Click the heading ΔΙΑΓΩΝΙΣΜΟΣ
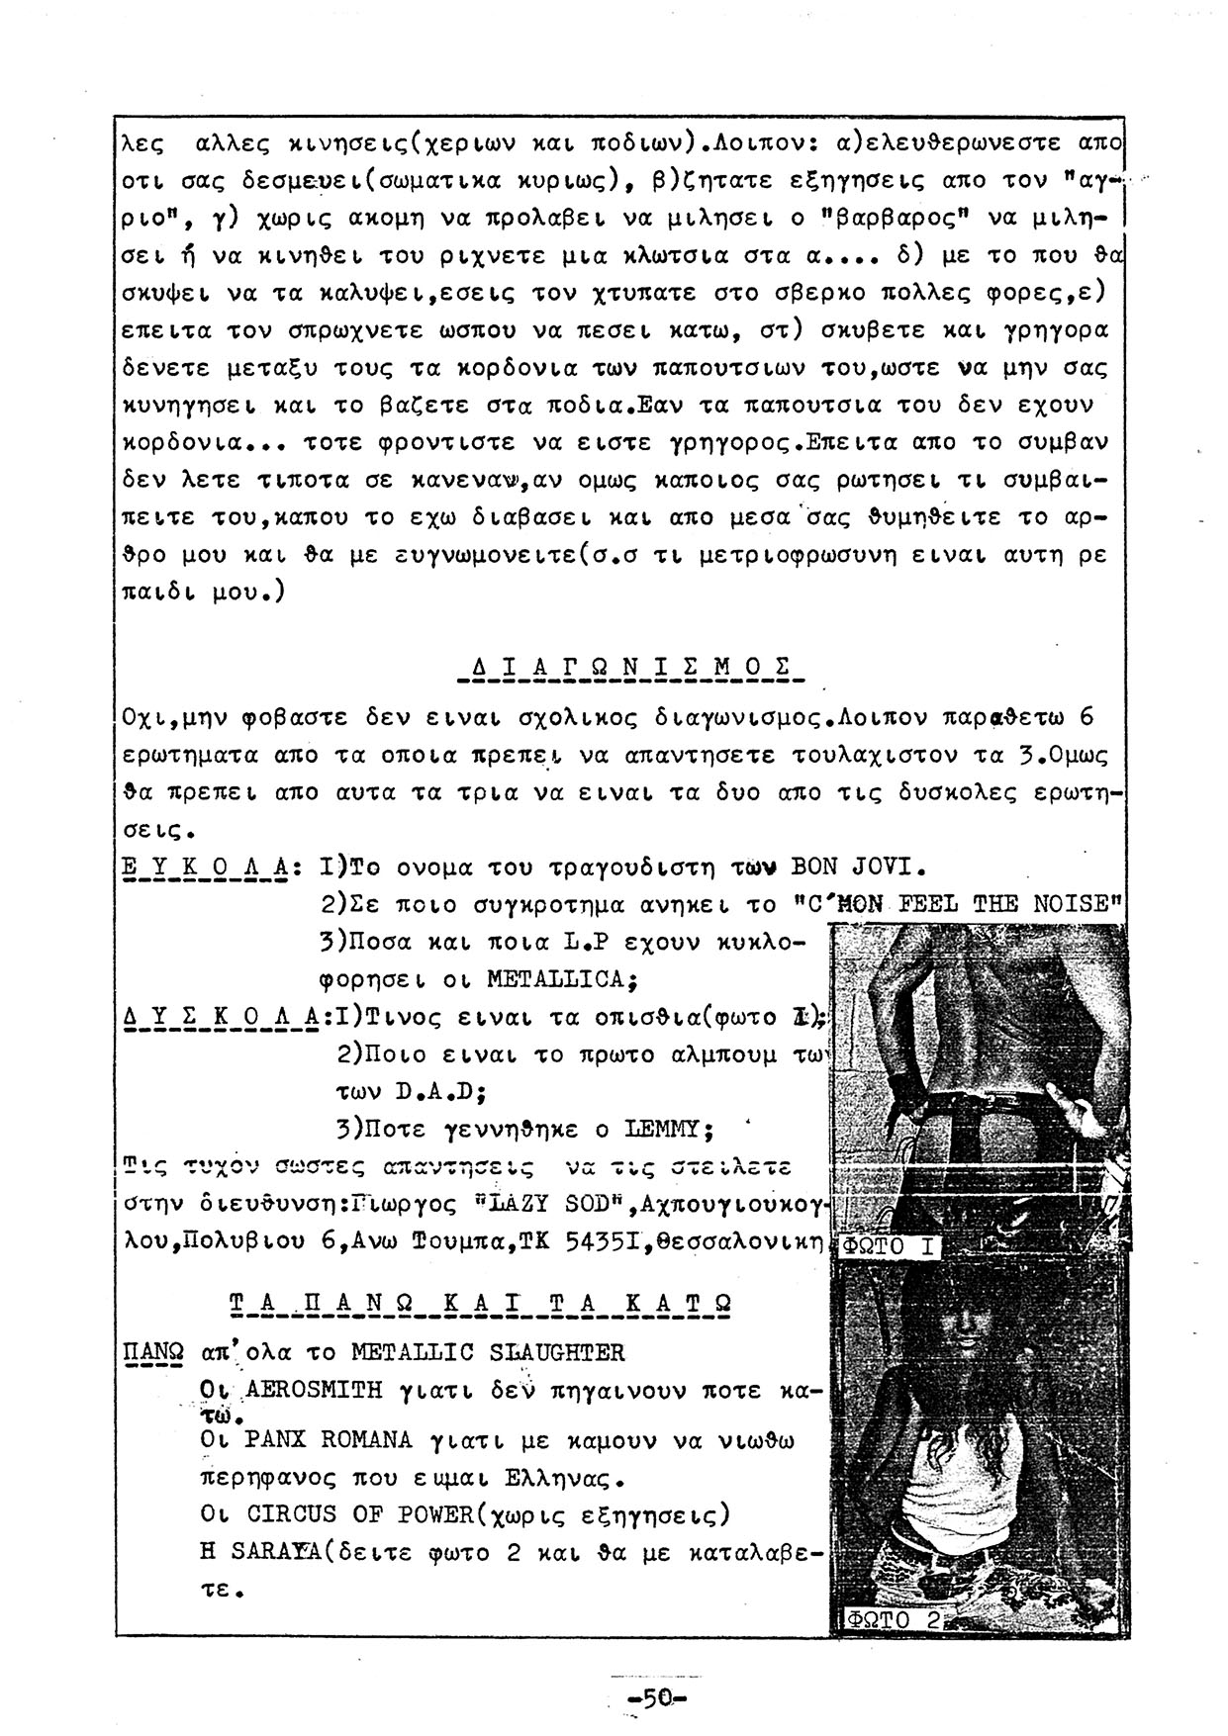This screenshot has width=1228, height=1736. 631,664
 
